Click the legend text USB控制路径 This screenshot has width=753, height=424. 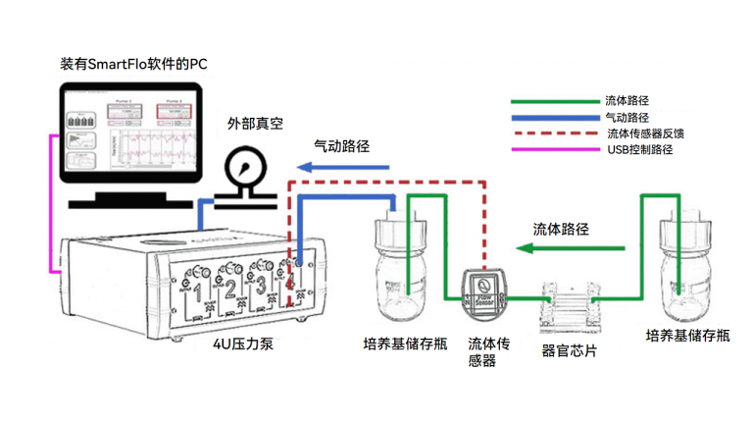click(x=639, y=149)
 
